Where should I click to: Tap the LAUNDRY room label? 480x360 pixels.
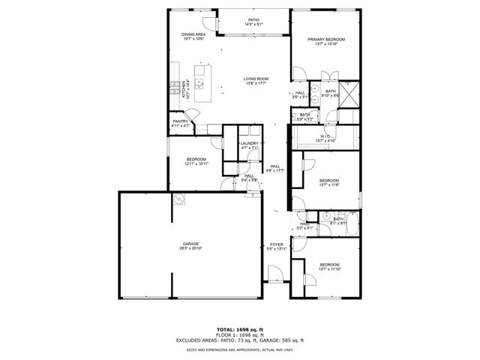[x=250, y=145]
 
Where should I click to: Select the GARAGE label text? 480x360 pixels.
[x=190, y=245]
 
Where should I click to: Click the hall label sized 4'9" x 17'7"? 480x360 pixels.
[x=275, y=168]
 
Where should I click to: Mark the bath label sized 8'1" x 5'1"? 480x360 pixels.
[x=337, y=220]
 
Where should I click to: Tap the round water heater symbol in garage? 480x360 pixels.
[x=179, y=199]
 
